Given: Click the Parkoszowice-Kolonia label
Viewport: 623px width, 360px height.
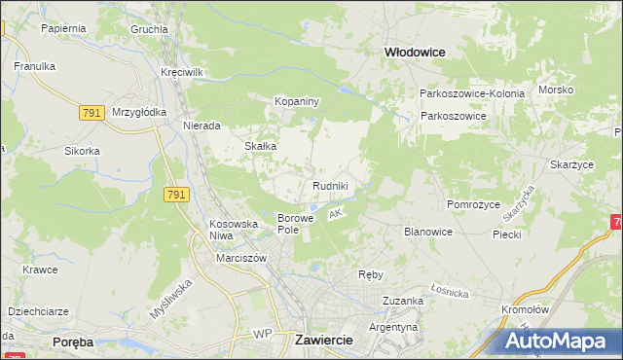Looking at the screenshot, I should [472, 93].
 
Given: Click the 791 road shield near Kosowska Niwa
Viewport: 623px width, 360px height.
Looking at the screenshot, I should [176, 196].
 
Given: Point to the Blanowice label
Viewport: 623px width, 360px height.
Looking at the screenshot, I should [428, 232].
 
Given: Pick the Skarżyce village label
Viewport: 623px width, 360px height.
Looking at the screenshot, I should [571, 165].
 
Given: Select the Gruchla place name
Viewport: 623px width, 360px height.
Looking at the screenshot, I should [150, 29].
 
